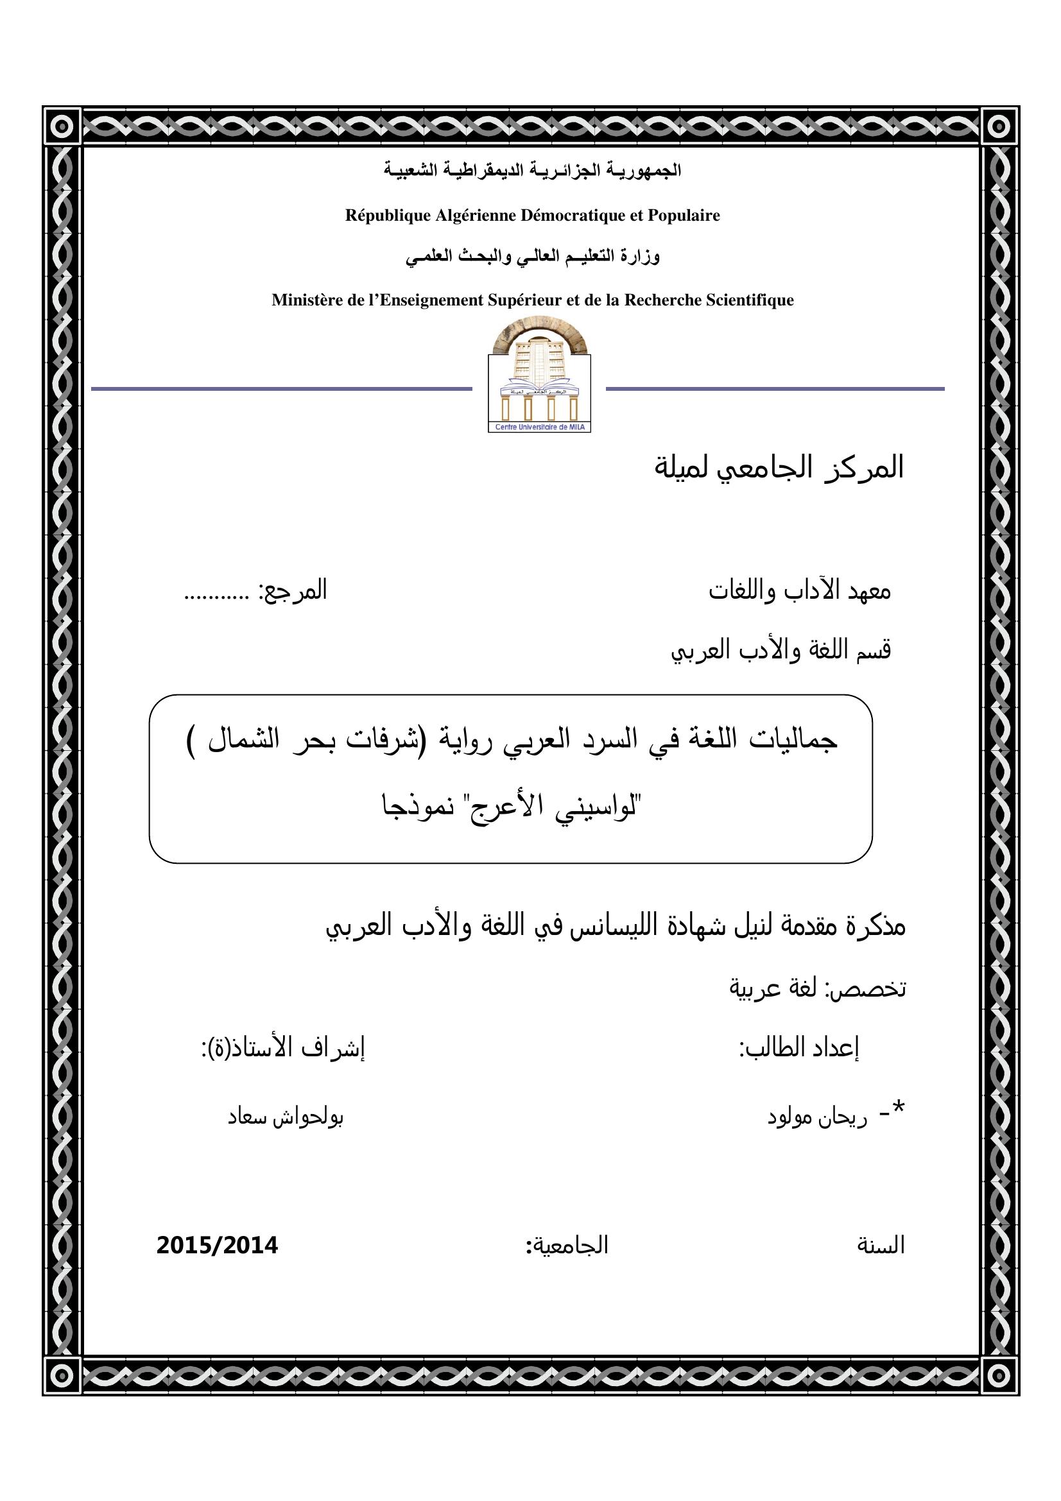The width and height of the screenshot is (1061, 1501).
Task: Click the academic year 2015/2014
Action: tap(217, 1246)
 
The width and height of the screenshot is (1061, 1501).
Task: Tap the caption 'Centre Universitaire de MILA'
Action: tap(539, 427)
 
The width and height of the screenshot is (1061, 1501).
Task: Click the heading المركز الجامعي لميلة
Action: tap(779, 467)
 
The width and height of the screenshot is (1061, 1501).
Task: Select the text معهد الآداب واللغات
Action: tap(800, 591)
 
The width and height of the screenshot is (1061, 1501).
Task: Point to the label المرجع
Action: tap(294, 591)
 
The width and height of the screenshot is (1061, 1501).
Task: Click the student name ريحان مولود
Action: tap(817, 1117)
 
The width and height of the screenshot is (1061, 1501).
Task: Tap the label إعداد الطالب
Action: tap(799, 1048)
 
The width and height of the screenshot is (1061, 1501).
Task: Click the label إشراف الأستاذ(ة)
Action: tap(283, 1048)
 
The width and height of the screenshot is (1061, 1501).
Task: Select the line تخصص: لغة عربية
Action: tap(817, 988)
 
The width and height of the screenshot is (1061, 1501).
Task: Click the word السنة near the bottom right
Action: tap(881, 1246)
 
